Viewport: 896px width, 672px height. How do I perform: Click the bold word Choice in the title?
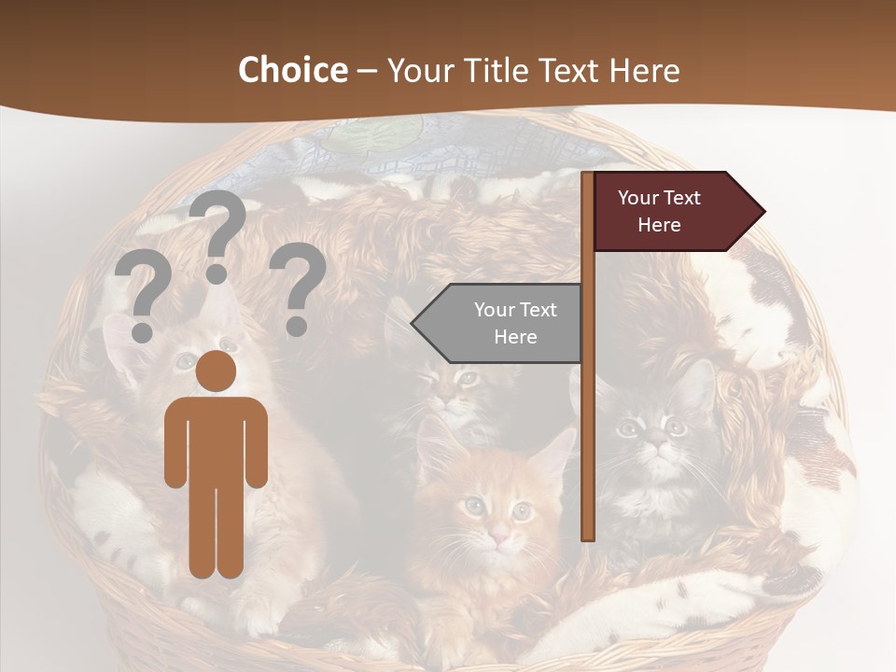[x=292, y=70]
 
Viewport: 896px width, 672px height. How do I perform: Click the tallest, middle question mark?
[x=217, y=237]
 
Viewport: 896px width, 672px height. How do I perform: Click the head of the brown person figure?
[x=216, y=371]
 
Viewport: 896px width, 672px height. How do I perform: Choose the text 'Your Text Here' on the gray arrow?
[x=514, y=323]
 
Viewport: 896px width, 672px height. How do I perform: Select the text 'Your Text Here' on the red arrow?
[x=659, y=211]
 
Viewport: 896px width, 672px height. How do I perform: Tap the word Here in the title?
[x=644, y=70]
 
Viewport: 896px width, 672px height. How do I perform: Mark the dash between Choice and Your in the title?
[x=367, y=72]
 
